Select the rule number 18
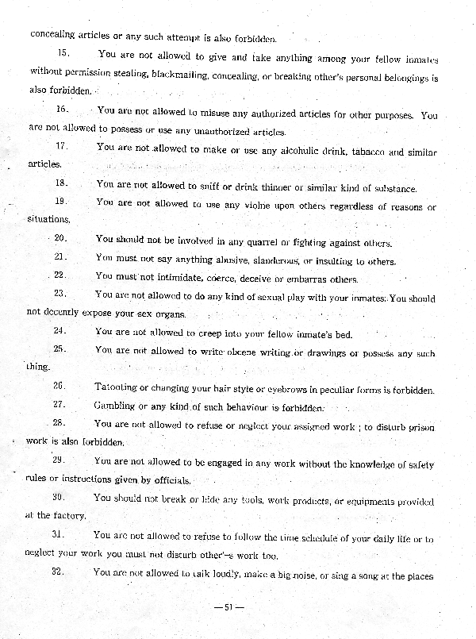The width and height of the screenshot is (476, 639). pos(61,183)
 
